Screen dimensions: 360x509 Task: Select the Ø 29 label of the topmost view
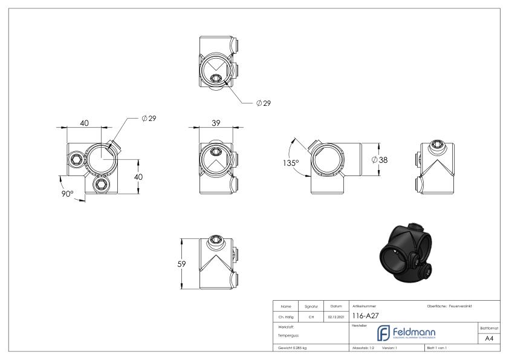point(263,103)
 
